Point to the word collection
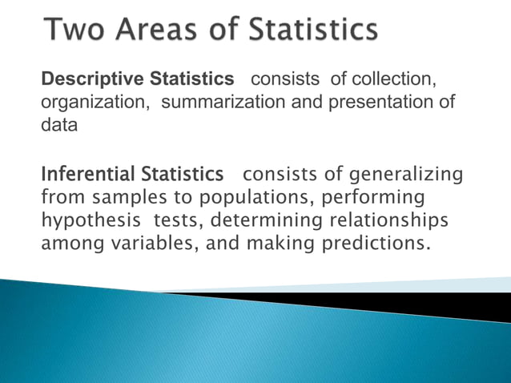click(393, 79)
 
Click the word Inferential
click(89, 174)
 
